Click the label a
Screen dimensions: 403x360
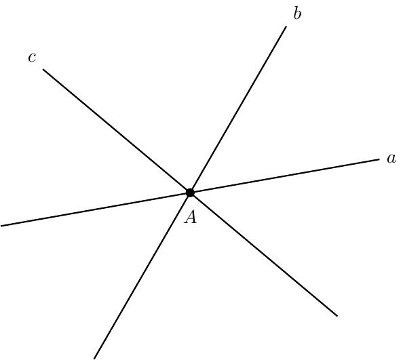click(x=391, y=159)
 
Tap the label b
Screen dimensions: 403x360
click(x=297, y=14)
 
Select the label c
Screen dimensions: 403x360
click(x=32, y=57)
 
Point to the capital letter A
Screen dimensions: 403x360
click(x=191, y=218)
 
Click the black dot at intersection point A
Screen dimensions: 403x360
click(x=190, y=193)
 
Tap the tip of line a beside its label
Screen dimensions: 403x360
click(x=379, y=159)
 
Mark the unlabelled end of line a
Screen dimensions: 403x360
click(x=1, y=226)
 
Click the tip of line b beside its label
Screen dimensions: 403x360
click(x=286, y=26)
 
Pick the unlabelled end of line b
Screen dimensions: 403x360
click(x=94, y=359)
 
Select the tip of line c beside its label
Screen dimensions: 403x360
click(x=43, y=69)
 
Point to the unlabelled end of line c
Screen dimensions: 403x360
click(x=337, y=316)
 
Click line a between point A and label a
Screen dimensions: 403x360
click(x=285, y=176)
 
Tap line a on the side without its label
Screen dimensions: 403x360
click(x=96, y=209)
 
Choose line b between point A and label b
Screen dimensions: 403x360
click(x=238, y=109)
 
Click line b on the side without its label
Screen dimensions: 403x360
click(x=142, y=275)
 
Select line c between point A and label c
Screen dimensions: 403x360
click(x=117, y=131)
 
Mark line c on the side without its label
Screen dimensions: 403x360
click(x=264, y=254)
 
